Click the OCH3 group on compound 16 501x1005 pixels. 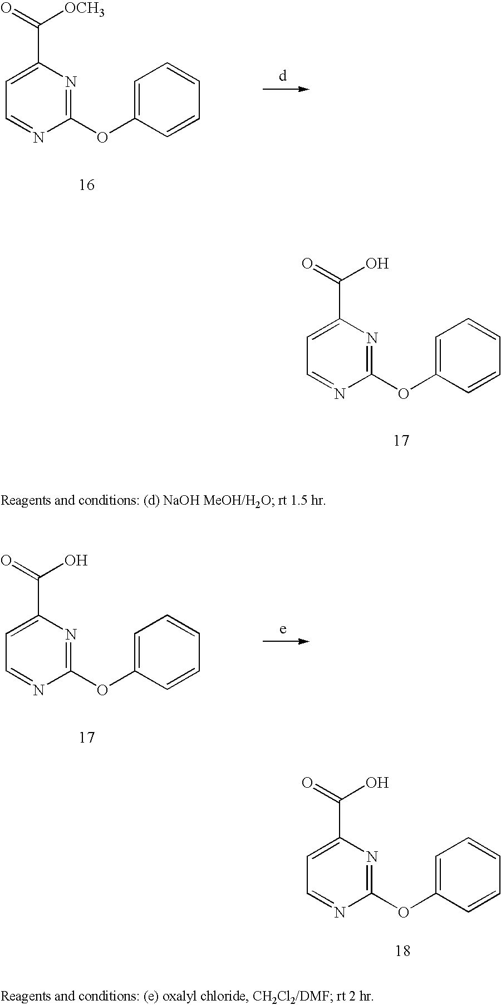click(x=84, y=9)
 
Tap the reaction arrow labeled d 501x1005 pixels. click(x=285, y=89)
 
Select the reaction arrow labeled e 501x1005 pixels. click(x=285, y=641)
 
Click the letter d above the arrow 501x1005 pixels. click(x=283, y=76)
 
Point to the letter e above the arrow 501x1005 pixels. click(x=283, y=629)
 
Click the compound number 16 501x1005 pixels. click(x=86, y=185)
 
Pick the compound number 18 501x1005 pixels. click(x=402, y=950)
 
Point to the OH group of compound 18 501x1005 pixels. click(x=377, y=783)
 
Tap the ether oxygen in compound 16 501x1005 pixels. click(x=102, y=137)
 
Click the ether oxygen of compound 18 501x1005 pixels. click(x=404, y=912)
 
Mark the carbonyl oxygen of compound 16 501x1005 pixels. click(x=7, y=9)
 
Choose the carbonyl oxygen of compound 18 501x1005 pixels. click(x=307, y=783)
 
